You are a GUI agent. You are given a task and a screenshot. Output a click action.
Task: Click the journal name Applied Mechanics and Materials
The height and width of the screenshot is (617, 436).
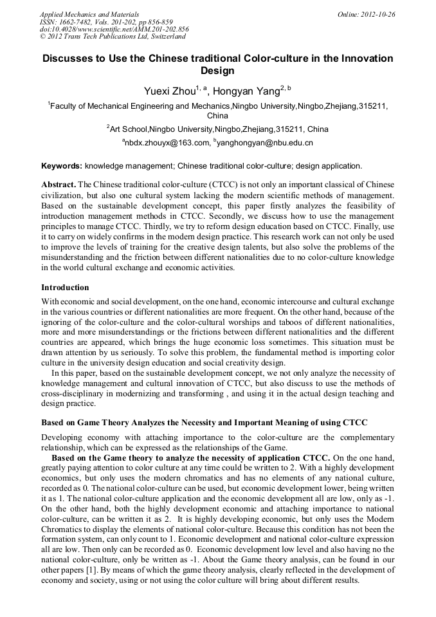pyautogui.click(x=89, y=14)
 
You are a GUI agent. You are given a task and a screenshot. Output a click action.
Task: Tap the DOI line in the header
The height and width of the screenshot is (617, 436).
pyautogui.click(x=114, y=29)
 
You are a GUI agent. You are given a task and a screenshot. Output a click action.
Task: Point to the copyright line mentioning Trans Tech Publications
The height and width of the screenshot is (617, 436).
pyautogui.click(x=113, y=37)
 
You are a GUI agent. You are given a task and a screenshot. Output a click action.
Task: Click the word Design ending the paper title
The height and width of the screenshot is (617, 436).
pyautogui.click(x=217, y=71)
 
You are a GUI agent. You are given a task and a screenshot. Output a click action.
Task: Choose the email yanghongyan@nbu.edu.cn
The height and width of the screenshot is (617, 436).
pyautogui.click(x=265, y=142)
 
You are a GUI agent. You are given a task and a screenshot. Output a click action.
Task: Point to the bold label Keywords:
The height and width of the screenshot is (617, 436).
pyautogui.click(x=62, y=165)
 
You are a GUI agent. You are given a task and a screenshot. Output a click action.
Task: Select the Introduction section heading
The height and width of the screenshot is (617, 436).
pyautogui.click(x=65, y=287)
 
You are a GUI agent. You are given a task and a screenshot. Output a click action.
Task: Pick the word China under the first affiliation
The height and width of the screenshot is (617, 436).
pyautogui.click(x=217, y=116)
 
